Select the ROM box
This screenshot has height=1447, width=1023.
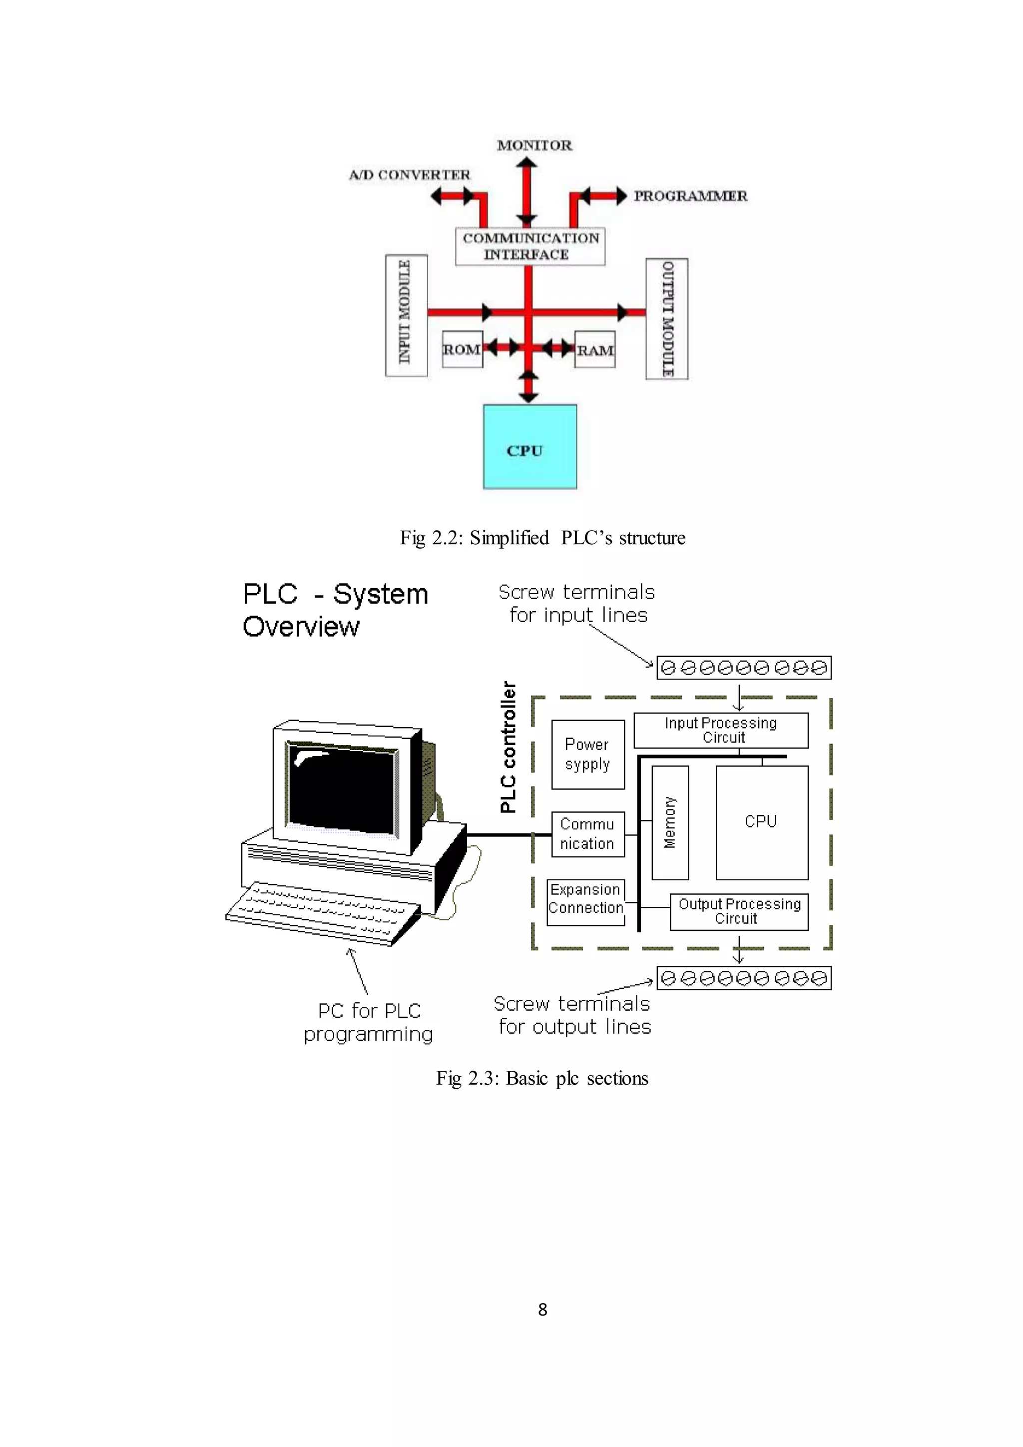463,349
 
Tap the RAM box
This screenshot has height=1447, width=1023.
594,350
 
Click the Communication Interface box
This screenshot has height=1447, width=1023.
530,246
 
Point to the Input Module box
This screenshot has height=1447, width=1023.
406,315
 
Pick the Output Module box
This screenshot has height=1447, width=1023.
666,319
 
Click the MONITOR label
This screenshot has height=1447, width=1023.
534,145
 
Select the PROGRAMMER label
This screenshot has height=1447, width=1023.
690,196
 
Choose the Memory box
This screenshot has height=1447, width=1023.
670,822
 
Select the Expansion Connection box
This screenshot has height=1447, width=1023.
586,902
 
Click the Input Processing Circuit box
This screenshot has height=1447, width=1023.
721,730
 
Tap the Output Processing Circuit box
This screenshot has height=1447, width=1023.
739,911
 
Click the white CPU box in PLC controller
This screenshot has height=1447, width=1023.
762,822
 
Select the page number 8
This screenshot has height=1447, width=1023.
542,1310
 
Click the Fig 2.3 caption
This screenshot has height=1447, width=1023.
542,1078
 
